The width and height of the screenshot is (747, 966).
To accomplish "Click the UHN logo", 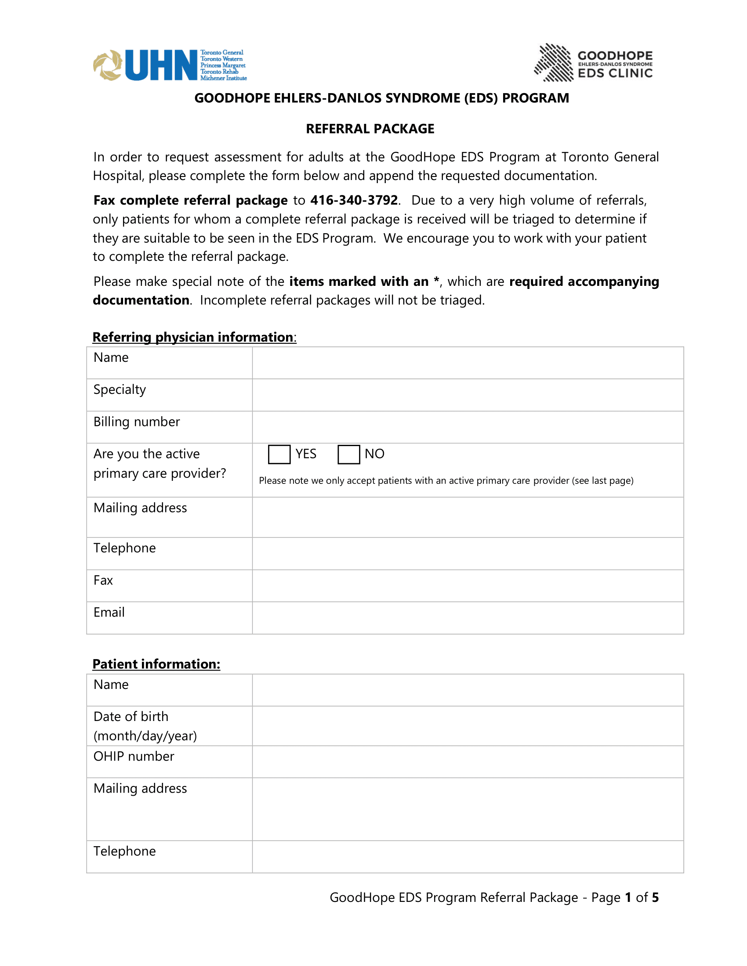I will click(170, 65).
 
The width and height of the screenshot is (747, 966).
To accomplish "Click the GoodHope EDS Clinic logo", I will click(593, 63).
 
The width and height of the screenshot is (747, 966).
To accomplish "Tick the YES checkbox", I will click(279, 454).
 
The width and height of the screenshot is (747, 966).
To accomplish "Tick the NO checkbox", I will click(348, 454).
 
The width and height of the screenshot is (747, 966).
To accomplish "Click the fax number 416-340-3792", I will click(354, 200).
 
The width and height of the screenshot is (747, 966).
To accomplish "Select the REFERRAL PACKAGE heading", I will click(370, 129).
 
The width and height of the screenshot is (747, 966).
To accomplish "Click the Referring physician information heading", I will click(193, 337).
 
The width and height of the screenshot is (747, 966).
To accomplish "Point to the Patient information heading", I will click(156, 664).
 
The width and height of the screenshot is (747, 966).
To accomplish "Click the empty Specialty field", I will click(468, 395).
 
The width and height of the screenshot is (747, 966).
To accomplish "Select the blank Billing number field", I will click(468, 427).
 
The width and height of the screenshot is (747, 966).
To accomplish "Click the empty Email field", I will click(468, 618).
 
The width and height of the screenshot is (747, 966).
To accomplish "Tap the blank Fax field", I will click(468, 586).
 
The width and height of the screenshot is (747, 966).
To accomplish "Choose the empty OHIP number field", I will click(468, 762).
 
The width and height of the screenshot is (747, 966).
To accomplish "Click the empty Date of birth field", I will click(468, 726).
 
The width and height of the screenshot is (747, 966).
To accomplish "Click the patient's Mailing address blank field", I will click(468, 809).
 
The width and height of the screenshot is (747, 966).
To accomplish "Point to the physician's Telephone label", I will click(124, 548).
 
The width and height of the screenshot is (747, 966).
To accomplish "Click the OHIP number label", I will click(134, 757).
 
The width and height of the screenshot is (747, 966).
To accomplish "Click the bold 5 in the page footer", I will click(655, 898).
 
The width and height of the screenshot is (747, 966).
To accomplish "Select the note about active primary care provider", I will click(446, 481).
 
